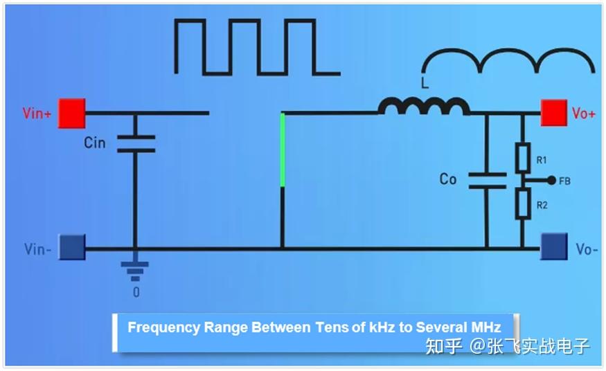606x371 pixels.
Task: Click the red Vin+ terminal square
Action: (x=72, y=113)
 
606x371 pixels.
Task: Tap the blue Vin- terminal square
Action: (x=72, y=247)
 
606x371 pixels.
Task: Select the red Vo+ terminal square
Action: (x=554, y=113)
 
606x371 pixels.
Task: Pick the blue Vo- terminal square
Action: (x=554, y=246)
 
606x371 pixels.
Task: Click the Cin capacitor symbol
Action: (x=136, y=143)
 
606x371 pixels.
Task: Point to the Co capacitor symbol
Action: (x=488, y=181)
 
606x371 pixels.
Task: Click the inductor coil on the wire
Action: (x=424, y=106)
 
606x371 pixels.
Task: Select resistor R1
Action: (x=523, y=158)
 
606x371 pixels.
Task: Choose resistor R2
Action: (x=523, y=204)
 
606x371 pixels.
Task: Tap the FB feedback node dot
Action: (x=552, y=180)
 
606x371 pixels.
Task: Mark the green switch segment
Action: (x=283, y=150)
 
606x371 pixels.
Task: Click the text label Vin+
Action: (x=37, y=114)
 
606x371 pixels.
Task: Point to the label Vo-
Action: (x=587, y=249)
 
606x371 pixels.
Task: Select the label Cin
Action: (x=95, y=143)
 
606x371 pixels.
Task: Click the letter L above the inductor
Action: (x=425, y=83)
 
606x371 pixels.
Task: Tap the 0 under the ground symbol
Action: (x=136, y=292)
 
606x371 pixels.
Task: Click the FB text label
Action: (x=564, y=181)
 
